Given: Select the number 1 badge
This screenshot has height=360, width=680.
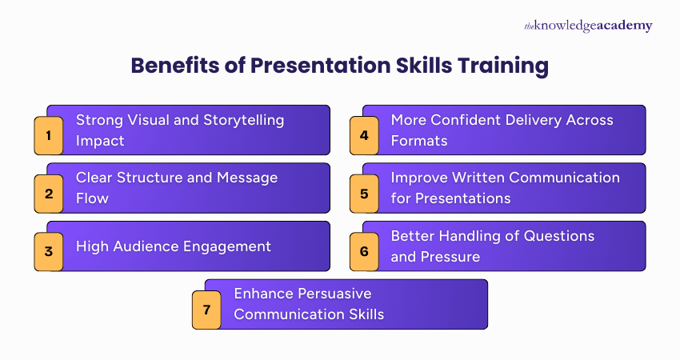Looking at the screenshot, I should (x=49, y=135).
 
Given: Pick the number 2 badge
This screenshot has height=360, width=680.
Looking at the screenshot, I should (x=49, y=193).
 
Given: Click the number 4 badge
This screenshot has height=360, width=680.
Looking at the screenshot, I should (x=364, y=135).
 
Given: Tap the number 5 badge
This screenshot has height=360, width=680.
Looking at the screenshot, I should (x=364, y=193).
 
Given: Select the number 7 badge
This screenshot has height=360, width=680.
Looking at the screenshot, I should (x=206, y=309).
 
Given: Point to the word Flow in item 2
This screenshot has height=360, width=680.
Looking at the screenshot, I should (x=92, y=198).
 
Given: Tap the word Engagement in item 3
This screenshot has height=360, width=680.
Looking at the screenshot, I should (x=227, y=246).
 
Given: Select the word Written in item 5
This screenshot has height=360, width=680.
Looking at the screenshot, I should (x=475, y=178).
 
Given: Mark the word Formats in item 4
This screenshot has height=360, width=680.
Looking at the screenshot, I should (x=418, y=140).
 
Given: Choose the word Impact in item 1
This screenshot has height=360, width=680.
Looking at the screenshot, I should (x=100, y=140).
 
